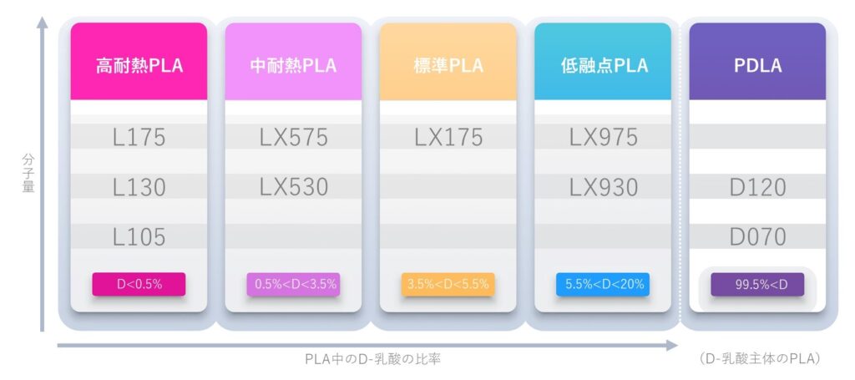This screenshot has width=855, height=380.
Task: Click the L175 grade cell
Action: pos(139,137)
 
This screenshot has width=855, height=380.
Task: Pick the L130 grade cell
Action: pos(139,187)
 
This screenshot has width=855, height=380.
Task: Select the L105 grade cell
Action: pos(139,236)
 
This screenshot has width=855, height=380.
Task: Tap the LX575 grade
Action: pos(293,137)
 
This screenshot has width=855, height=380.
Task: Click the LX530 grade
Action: pos(293,187)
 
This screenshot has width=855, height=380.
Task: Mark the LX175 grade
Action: pos(448,137)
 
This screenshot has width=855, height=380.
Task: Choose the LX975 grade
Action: pos(603,137)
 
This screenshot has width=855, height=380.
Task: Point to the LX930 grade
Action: pos(603,187)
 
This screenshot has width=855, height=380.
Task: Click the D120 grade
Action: pos(757,187)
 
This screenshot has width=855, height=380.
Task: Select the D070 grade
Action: pos(757,236)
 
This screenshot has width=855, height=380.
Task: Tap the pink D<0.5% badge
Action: pos(139,284)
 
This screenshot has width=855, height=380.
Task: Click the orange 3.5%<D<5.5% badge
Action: pos(448,284)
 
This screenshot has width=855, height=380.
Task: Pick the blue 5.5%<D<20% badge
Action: pos(603,284)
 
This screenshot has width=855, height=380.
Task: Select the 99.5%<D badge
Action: pos(757,284)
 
